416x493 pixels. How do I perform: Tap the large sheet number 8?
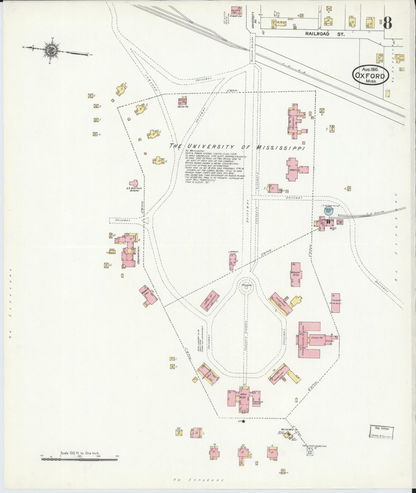pos(387,23)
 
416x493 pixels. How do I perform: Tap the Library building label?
pos(233,252)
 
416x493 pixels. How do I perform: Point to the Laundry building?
pos(336,303)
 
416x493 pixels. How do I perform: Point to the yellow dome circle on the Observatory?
pos(130,251)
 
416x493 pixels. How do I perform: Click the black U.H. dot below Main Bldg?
pos(244,422)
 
